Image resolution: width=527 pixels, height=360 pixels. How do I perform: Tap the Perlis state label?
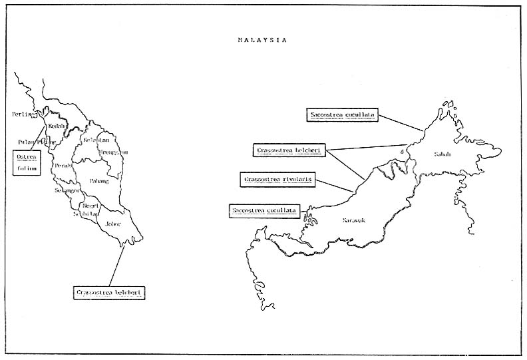click(x=23, y=114)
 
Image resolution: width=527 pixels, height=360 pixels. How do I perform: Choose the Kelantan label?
click(x=96, y=140)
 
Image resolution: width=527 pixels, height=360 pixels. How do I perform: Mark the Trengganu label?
click(x=113, y=152)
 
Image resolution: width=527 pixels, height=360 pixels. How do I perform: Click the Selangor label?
click(x=68, y=190)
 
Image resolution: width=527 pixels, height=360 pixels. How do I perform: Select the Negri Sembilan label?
click(x=87, y=210)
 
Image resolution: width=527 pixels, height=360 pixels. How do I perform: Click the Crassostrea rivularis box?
click(x=278, y=180)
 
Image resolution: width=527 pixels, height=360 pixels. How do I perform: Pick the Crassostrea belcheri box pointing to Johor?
click(x=110, y=291)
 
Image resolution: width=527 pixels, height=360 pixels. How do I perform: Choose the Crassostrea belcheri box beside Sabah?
click(x=289, y=150)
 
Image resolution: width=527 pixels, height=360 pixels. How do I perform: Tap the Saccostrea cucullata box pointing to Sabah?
click(x=343, y=114)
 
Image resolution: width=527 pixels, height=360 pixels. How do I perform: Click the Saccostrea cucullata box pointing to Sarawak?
click(x=265, y=211)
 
